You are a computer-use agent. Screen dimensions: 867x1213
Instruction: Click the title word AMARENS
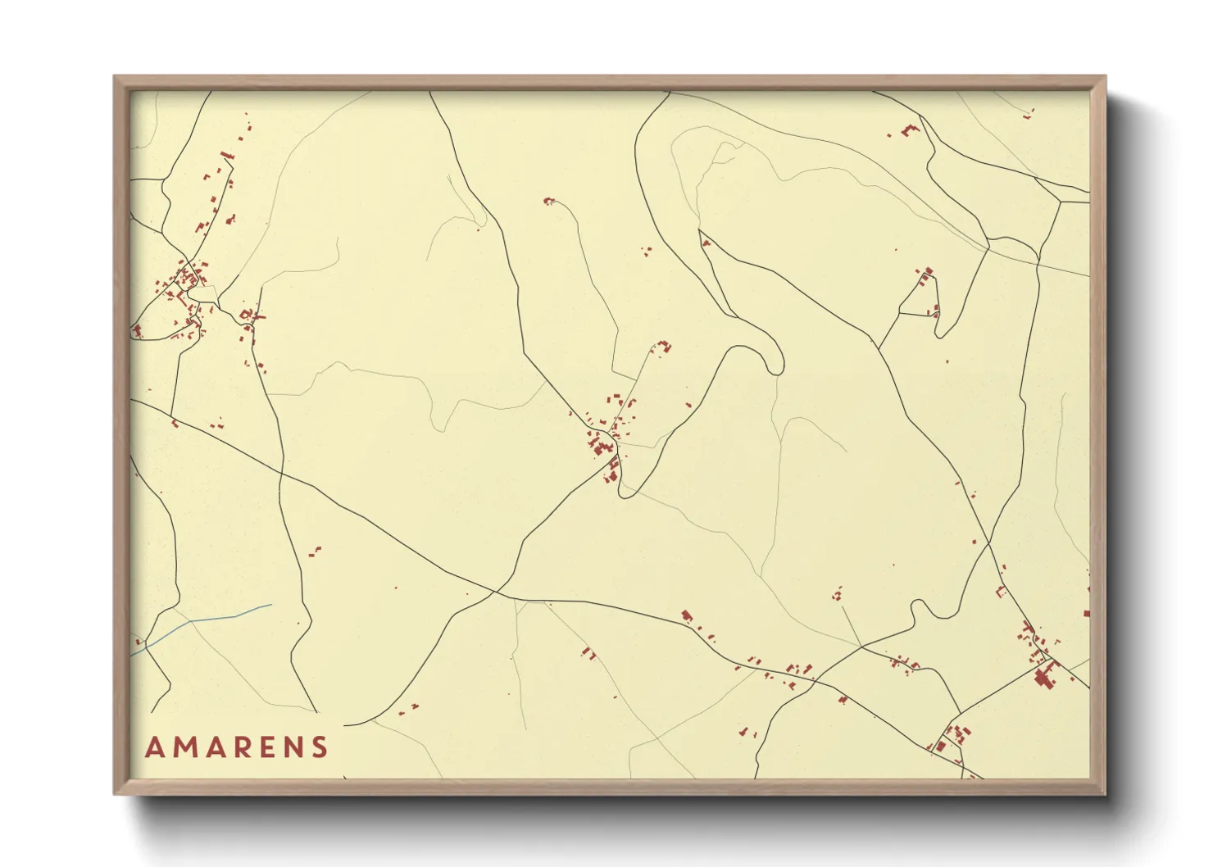[237, 747]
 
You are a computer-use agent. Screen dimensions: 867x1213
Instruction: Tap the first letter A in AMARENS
[154, 747]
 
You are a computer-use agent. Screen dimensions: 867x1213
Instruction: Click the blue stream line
[205, 618]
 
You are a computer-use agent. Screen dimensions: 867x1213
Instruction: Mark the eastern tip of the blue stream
[270, 606]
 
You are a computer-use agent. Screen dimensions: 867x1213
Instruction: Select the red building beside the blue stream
[139, 641]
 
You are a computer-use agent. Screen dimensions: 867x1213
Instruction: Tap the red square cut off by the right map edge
[1086, 613]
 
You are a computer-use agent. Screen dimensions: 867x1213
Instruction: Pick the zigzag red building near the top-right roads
[909, 129]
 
